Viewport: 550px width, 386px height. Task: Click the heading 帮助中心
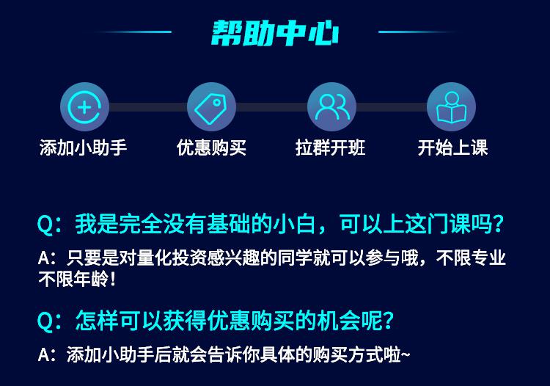tap(275, 33)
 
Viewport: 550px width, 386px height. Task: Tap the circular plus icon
tap(84, 106)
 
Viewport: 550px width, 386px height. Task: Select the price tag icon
tap(211, 106)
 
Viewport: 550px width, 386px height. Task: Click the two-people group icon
tap(331, 106)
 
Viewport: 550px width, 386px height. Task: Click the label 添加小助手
tap(83, 148)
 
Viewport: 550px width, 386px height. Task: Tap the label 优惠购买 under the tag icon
tap(211, 148)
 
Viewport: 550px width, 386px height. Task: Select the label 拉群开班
tap(331, 148)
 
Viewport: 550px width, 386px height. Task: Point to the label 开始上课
tap(452, 148)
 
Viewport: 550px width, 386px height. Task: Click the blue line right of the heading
tap(417, 32)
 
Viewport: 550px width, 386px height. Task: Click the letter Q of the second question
tap(45, 321)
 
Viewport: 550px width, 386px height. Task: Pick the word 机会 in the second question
tap(339, 320)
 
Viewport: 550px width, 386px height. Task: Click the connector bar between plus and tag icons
tap(148, 106)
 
